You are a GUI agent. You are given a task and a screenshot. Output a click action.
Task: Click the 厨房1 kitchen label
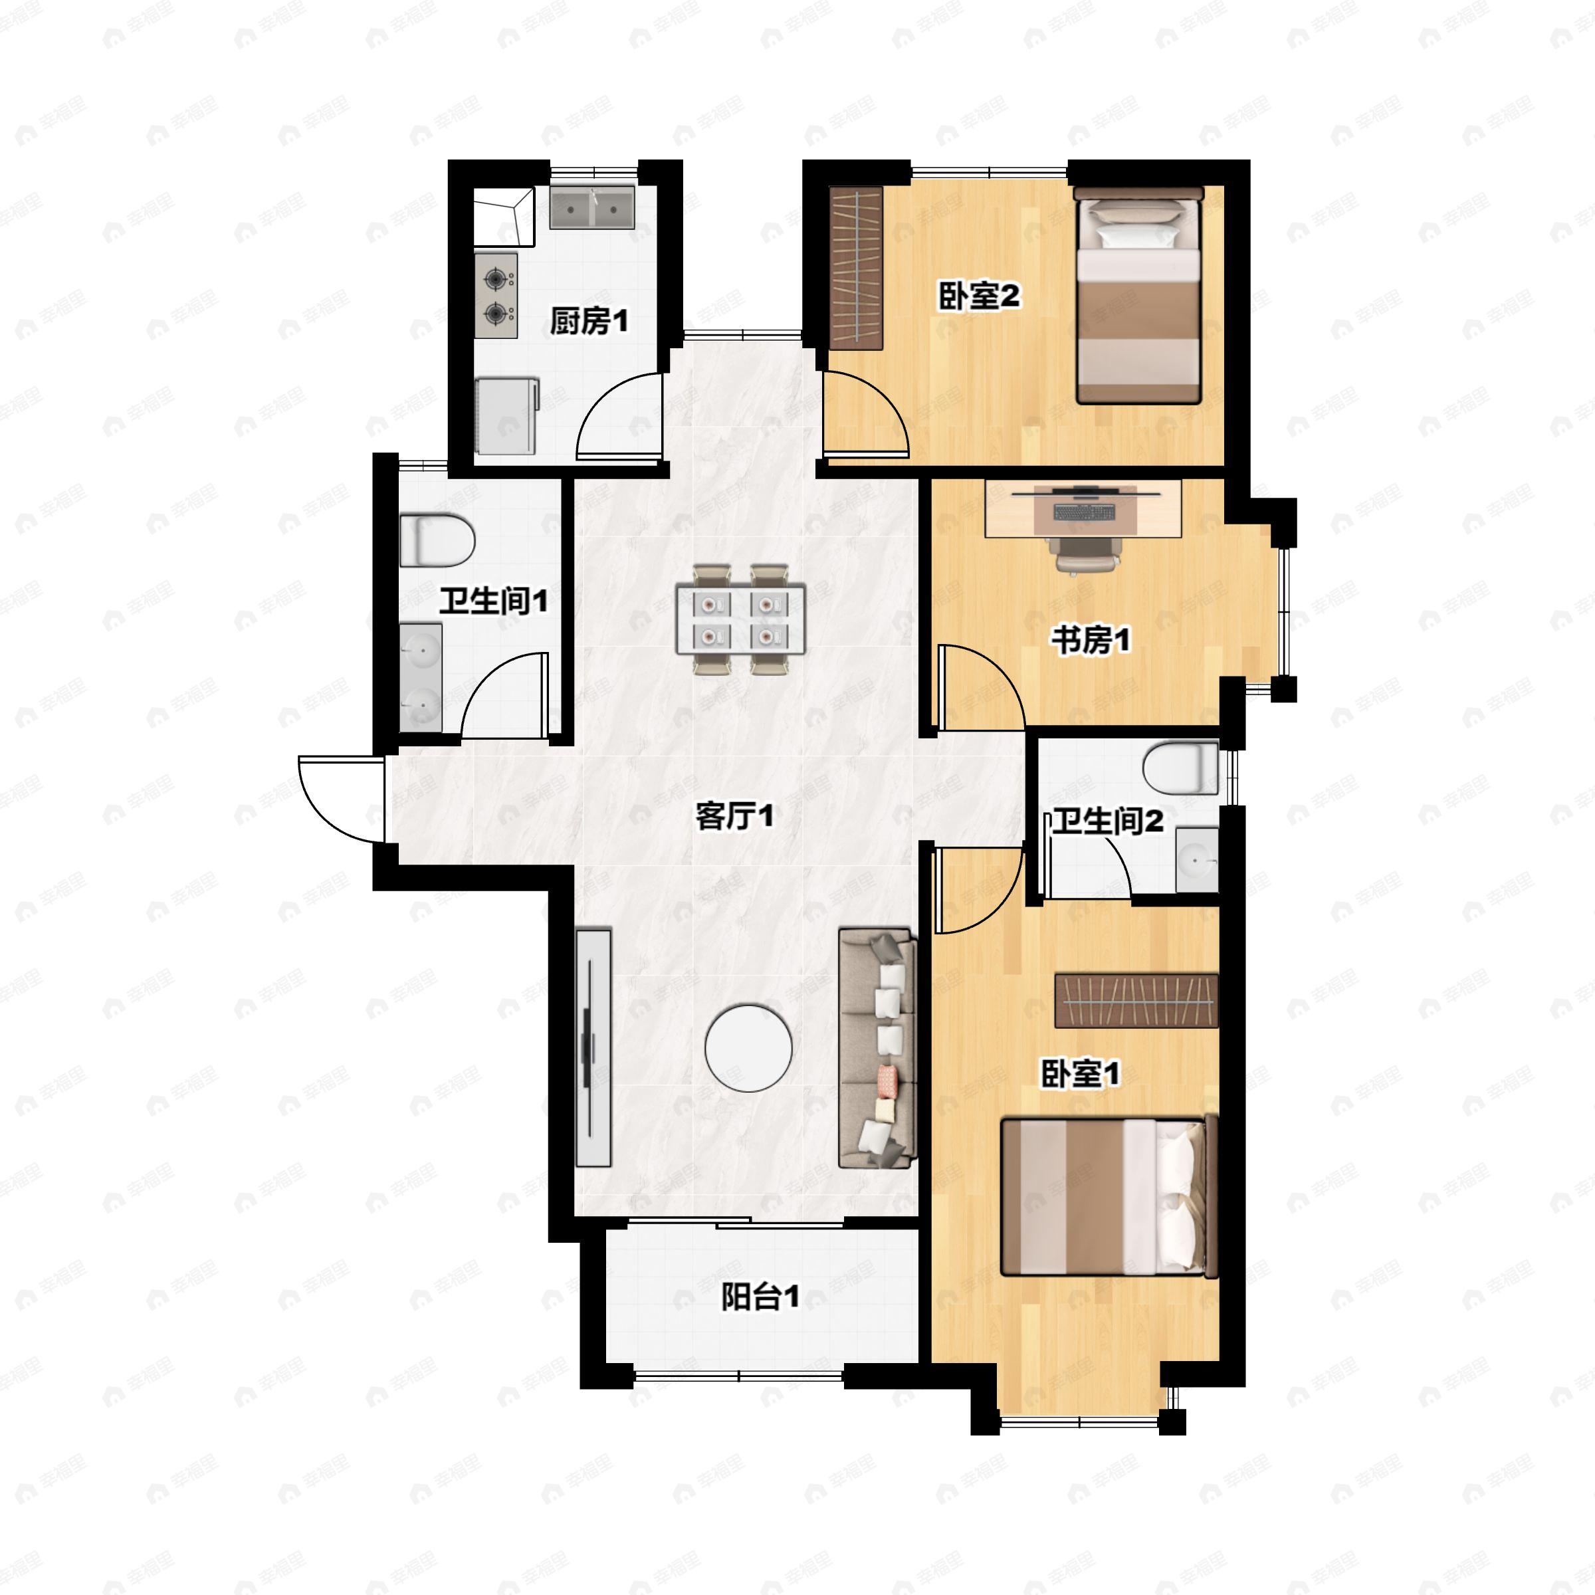[589, 320]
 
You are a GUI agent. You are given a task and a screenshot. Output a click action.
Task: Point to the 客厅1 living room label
[734, 817]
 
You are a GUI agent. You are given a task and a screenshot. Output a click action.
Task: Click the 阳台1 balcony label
[760, 1297]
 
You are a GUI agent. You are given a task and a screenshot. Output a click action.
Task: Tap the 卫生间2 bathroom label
[1107, 821]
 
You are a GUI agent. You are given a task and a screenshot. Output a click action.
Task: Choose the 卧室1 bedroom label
[1079, 1074]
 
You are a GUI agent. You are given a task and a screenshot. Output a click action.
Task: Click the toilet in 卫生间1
[437, 541]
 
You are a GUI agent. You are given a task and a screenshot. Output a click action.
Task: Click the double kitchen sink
[592, 208]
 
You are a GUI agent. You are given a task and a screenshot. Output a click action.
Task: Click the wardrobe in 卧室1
[1137, 1001]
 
